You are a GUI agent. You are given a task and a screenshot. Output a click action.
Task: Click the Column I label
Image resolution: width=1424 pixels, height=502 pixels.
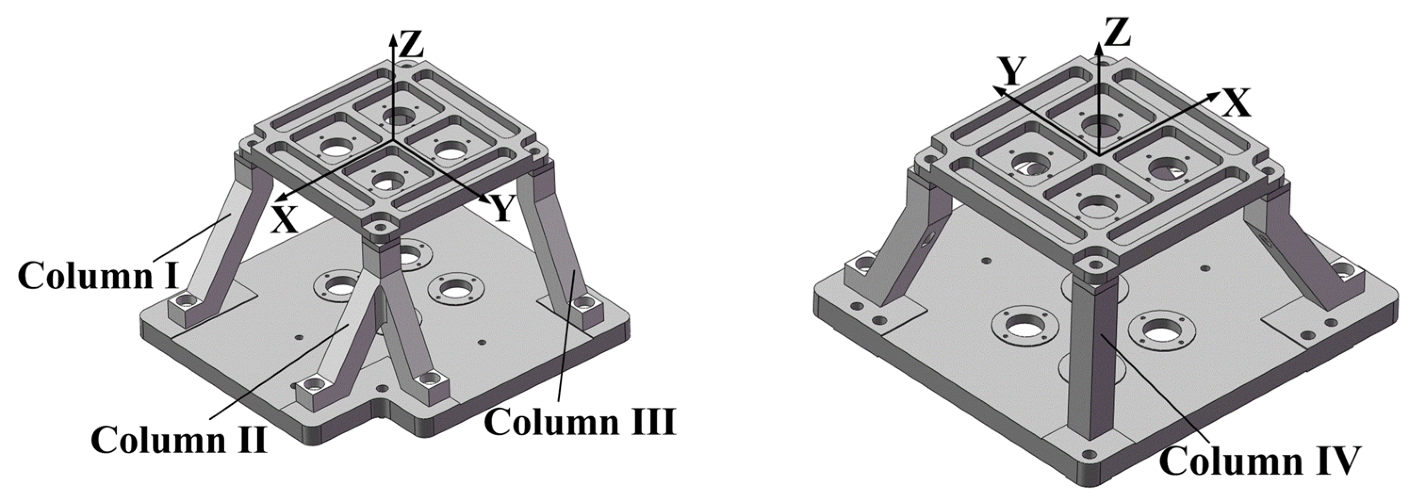pyautogui.click(x=98, y=275)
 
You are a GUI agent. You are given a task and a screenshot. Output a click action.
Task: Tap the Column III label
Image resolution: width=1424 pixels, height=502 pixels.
pyautogui.click(x=580, y=422)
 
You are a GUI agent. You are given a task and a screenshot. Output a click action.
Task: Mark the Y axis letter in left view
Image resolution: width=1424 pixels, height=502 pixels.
pyautogui.click(x=502, y=209)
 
